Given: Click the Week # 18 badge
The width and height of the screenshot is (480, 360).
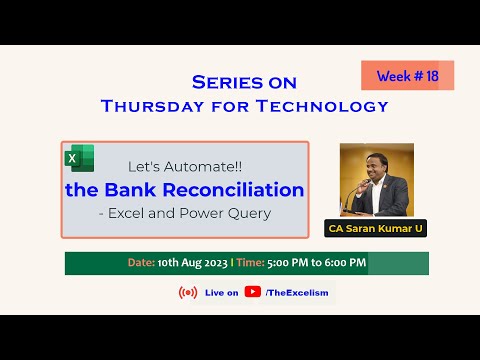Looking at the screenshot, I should pos(407,75).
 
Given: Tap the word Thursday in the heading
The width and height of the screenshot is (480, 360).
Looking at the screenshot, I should pos(151,106).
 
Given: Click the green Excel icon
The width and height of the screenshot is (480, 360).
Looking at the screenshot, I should pos(80,159).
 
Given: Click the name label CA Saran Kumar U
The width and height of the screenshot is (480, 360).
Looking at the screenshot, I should pos(377,229).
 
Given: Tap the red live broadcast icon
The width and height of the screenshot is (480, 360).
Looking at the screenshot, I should pos(187,292).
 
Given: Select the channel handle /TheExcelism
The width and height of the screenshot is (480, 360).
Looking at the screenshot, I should pos(297,292).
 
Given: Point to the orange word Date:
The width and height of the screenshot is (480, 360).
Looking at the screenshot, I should pos(141,263).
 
